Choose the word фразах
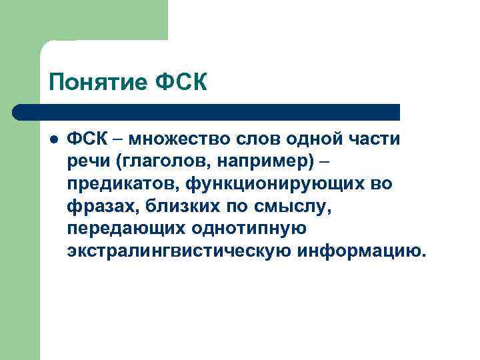coord(99,207)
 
